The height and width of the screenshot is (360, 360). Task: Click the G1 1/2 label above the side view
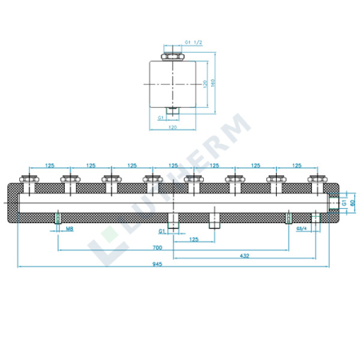coord(192,41)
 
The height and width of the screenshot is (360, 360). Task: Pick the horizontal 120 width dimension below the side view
coord(173,126)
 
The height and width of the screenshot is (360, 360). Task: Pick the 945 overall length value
coord(170,270)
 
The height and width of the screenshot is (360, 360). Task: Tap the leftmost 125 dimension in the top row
coord(50,166)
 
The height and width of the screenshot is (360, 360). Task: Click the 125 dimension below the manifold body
coord(193,239)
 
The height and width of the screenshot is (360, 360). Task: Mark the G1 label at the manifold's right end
coord(343,203)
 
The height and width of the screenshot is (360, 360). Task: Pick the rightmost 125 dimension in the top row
coord(297,166)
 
